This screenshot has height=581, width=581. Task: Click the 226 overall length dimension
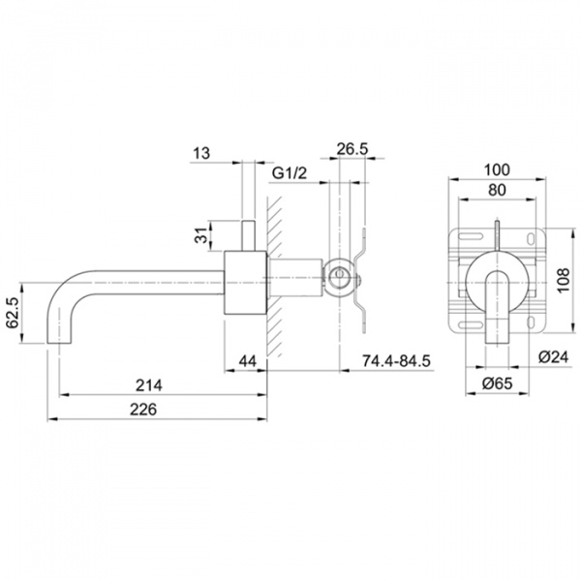143,408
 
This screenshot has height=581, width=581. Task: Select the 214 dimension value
149,384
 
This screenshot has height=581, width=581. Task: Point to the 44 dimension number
248,361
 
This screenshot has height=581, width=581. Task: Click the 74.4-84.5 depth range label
396,361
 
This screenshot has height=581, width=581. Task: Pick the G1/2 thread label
290,173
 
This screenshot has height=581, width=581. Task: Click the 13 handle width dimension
202,153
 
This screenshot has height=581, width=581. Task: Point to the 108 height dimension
563,280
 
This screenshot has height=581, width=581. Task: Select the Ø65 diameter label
496,382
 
